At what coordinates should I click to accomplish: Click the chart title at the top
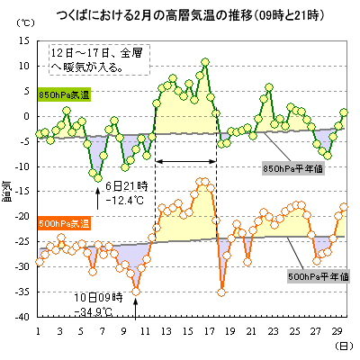tap(190, 15)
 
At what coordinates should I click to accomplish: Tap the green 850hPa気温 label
tap(64, 95)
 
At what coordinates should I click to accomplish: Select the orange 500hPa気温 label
tap(64, 224)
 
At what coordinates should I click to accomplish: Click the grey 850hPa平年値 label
tap(292, 169)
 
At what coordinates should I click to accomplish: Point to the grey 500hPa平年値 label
tap(319, 276)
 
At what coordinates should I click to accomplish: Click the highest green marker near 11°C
tap(205, 62)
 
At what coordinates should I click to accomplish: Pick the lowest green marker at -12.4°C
tap(98, 178)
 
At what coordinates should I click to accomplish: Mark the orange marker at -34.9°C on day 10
tap(136, 292)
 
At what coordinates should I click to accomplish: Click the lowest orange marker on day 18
tap(221, 292)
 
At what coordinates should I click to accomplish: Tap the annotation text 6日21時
tap(127, 186)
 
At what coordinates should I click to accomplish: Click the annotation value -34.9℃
tap(94, 312)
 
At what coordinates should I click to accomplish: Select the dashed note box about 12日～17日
tap(99, 59)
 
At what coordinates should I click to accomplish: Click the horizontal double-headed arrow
tap(186, 161)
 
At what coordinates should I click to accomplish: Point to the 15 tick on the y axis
tap(24, 40)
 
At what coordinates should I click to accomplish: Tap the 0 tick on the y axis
tap(27, 116)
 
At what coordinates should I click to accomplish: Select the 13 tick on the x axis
tap(166, 331)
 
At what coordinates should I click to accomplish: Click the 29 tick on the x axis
tap(337, 331)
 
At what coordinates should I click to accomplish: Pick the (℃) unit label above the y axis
tap(26, 23)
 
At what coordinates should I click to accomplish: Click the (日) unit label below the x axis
tap(344, 346)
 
